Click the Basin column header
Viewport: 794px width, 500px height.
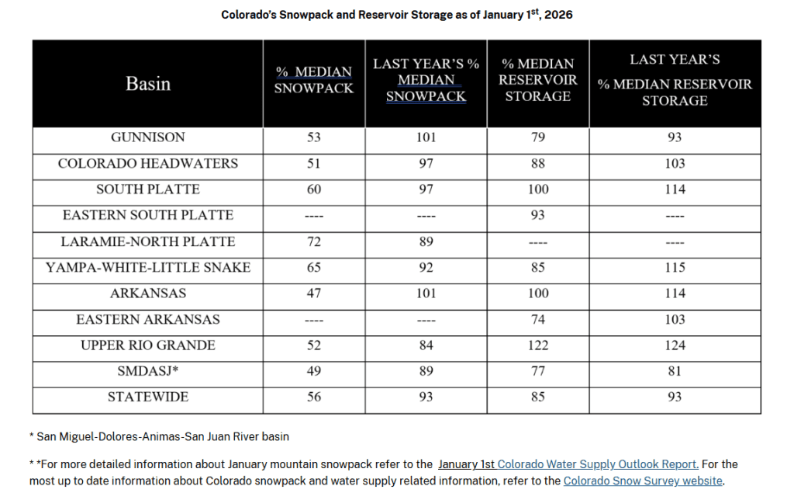coord(148,84)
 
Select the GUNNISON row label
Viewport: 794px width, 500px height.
coord(148,137)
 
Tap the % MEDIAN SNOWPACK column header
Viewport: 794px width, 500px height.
coord(314,80)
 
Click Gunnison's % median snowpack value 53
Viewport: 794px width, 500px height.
coord(314,137)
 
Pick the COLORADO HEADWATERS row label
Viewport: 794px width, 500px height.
coord(148,163)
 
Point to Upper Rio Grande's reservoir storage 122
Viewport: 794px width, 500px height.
coord(538,345)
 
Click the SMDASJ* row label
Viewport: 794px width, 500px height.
coord(148,371)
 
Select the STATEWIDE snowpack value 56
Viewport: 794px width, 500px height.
coord(314,397)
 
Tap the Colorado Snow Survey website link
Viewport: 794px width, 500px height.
coord(643,481)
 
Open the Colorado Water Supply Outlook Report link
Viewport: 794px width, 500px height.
coord(598,464)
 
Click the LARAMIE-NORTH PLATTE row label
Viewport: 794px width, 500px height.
coord(148,241)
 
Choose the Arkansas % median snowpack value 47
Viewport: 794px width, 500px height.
coord(314,293)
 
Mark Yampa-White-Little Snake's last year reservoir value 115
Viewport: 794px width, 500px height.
coord(675,267)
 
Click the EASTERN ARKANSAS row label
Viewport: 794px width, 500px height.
coord(148,319)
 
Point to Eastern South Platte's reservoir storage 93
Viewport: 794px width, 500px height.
coord(538,215)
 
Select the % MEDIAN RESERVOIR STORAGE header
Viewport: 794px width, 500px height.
coord(538,80)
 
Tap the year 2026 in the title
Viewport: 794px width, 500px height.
coord(558,15)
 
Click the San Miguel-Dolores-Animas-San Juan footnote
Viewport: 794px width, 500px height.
coord(160,436)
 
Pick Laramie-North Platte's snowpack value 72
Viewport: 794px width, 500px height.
coord(314,241)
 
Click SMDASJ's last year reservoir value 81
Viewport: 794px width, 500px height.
coord(675,371)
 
